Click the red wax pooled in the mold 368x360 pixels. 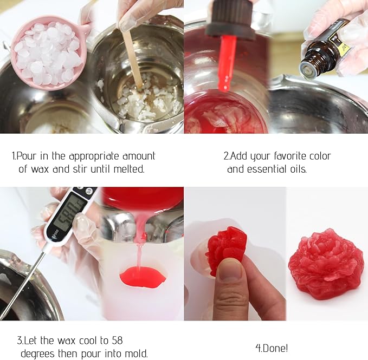click(x=143, y=277)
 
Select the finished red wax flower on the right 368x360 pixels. click(x=325, y=263)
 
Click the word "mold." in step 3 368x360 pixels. click(x=134, y=354)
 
